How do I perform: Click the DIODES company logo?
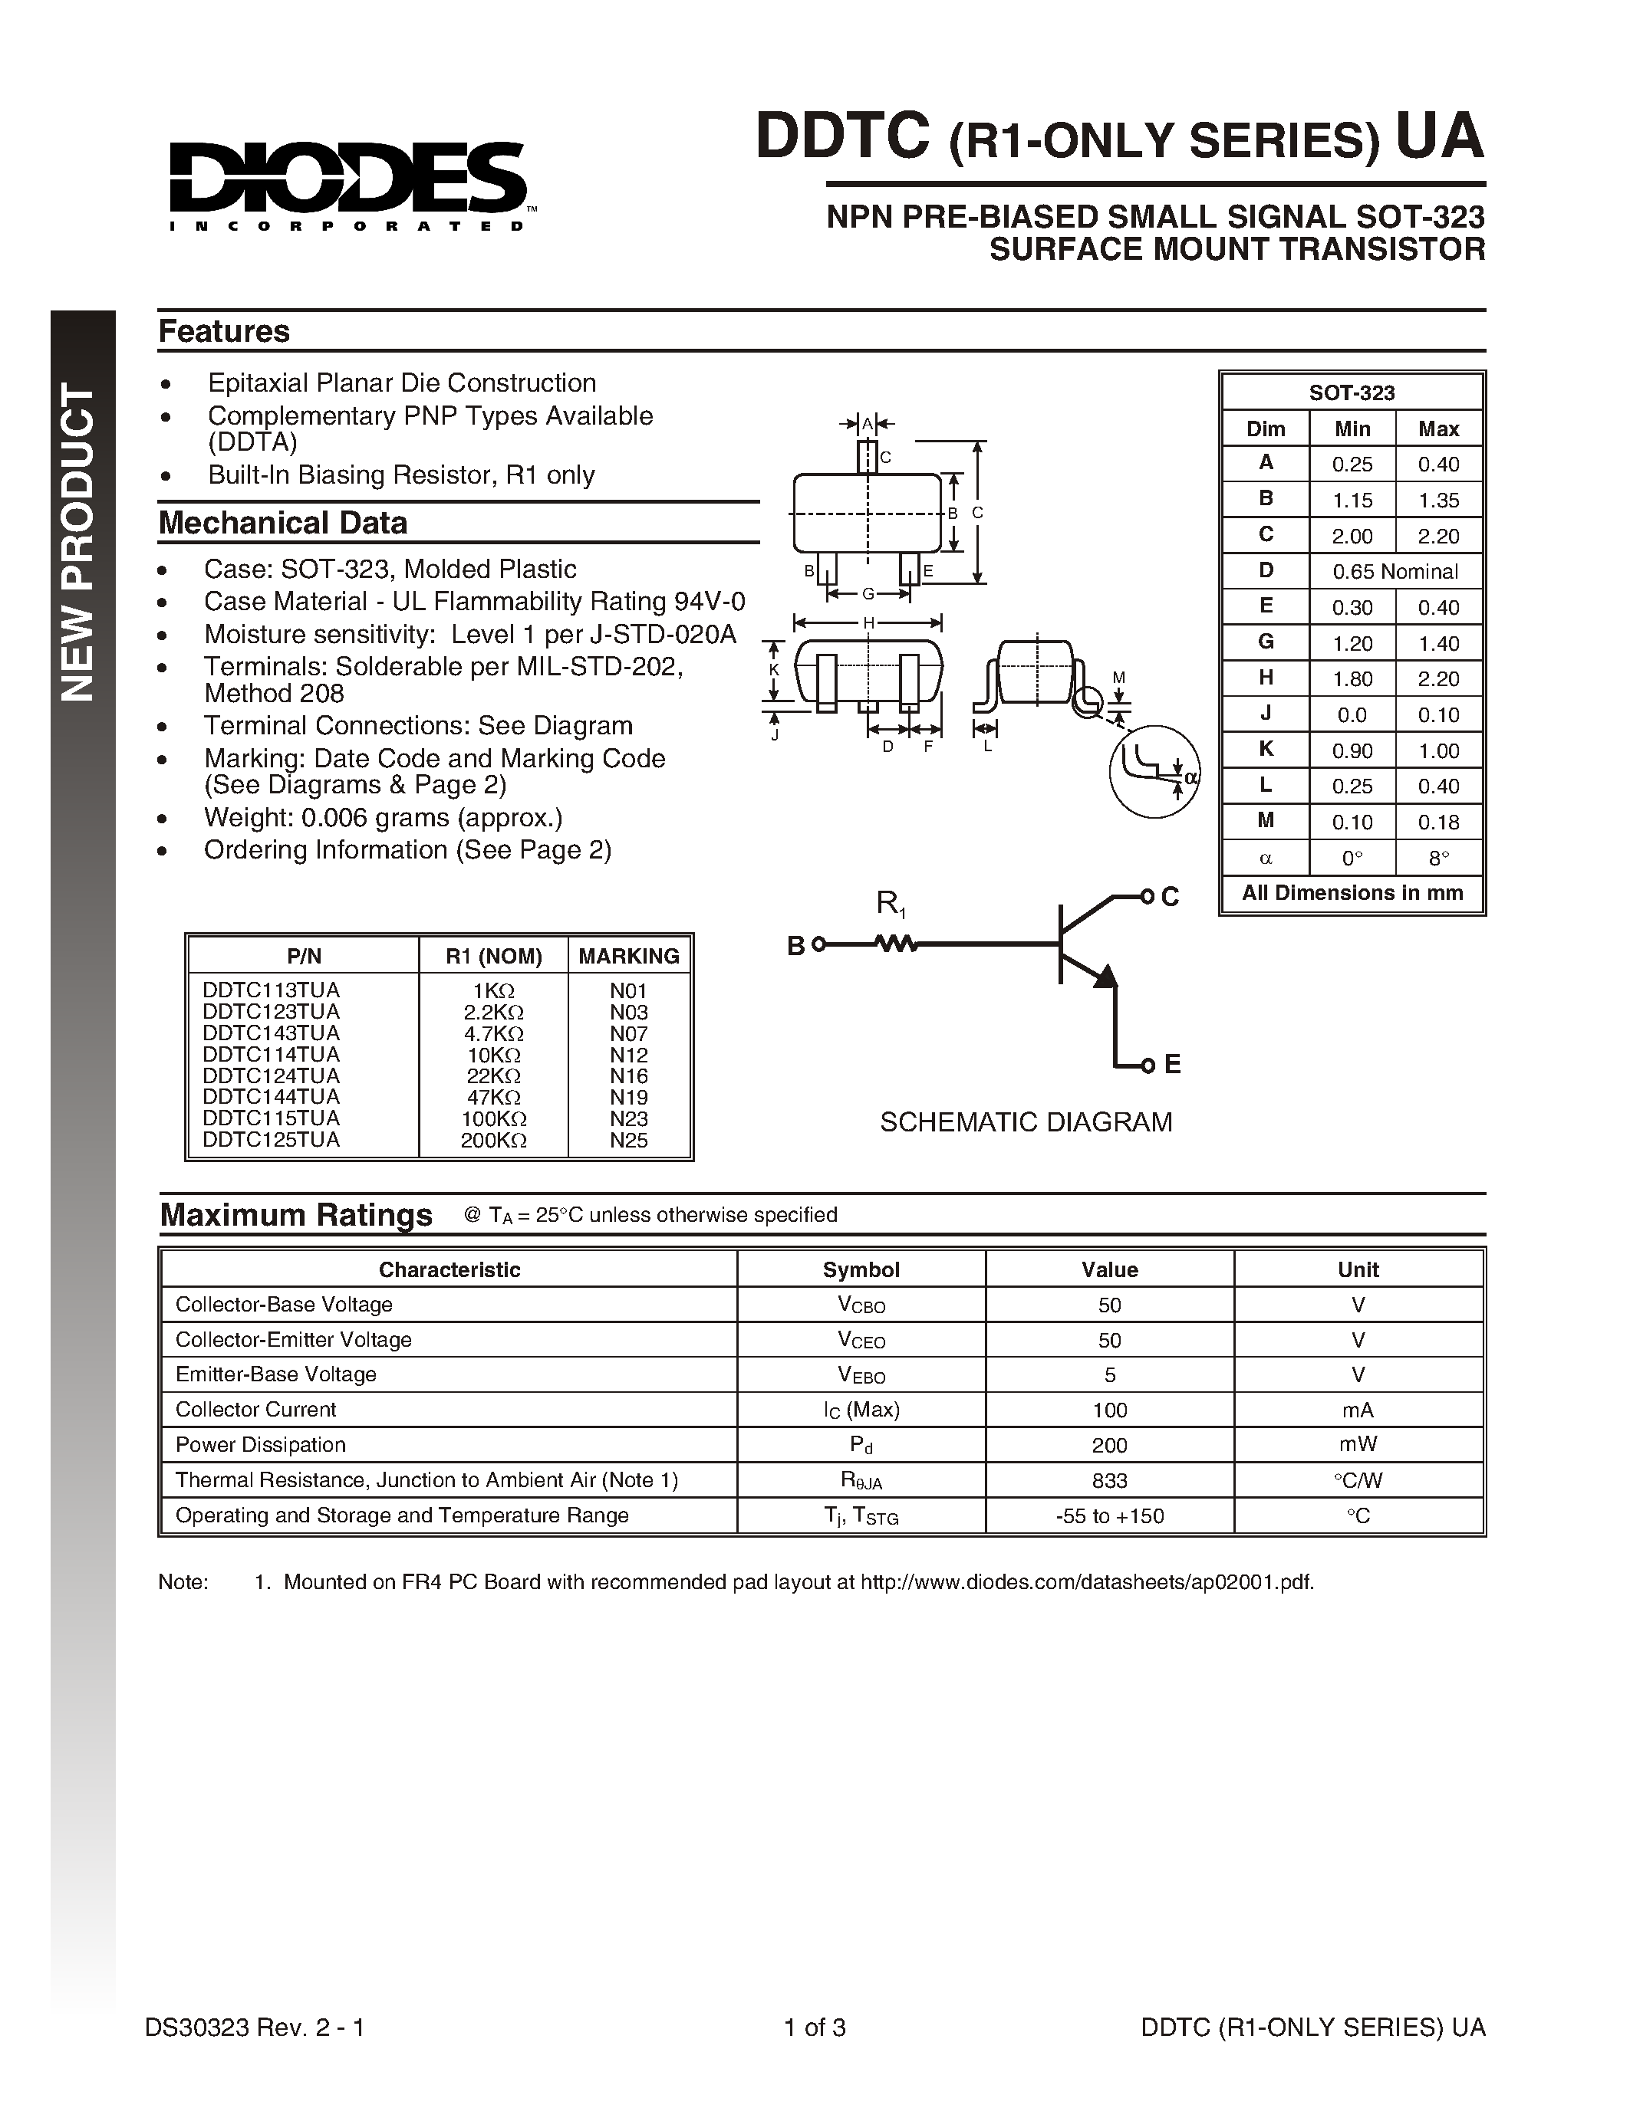pyautogui.click(x=347, y=183)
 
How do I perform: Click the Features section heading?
pyautogui.click(x=224, y=331)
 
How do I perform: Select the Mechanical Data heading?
pyautogui.click(x=282, y=523)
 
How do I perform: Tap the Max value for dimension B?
pyautogui.click(x=1437, y=500)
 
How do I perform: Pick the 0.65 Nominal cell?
pyautogui.click(x=1395, y=571)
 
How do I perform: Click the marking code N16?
pyautogui.click(x=629, y=1076)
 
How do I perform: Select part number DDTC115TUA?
pyautogui.click(x=272, y=1118)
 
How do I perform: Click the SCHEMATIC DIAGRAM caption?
pyautogui.click(x=1026, y=1121)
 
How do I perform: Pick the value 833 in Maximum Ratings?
pyautogui.click(x=1109, y=1481)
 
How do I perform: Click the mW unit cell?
pyautogui.click(x=1358, y=1445)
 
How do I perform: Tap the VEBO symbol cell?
pyautogui.click(x=861, y=1374)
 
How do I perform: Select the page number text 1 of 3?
pyautogui.click(x=815, y=2027)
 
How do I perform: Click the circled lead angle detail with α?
pyautogui.click(x=1154, y=770)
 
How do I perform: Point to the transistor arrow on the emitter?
pyautogui.click(x=1105, y=977)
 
